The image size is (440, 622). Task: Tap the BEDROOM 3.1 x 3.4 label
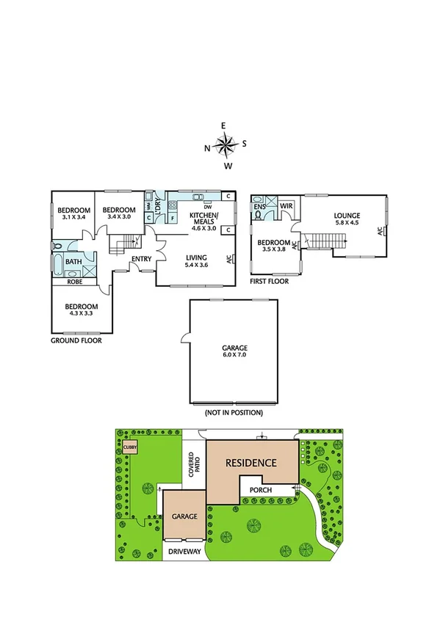click(74, 213)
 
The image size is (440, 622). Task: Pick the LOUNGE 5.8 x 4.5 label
click(347, 219)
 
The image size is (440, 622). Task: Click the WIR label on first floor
click(286, 207)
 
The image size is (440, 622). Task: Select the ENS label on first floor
click(259, 208)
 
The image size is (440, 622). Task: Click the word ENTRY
click(141, 259)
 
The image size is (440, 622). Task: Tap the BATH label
click(73, 261)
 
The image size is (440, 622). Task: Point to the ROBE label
click(74, 281)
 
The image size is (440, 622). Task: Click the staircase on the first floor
click(323, 240)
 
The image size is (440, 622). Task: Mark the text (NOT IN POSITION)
click(234, 413)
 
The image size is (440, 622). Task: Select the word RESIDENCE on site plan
click(250, 463)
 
